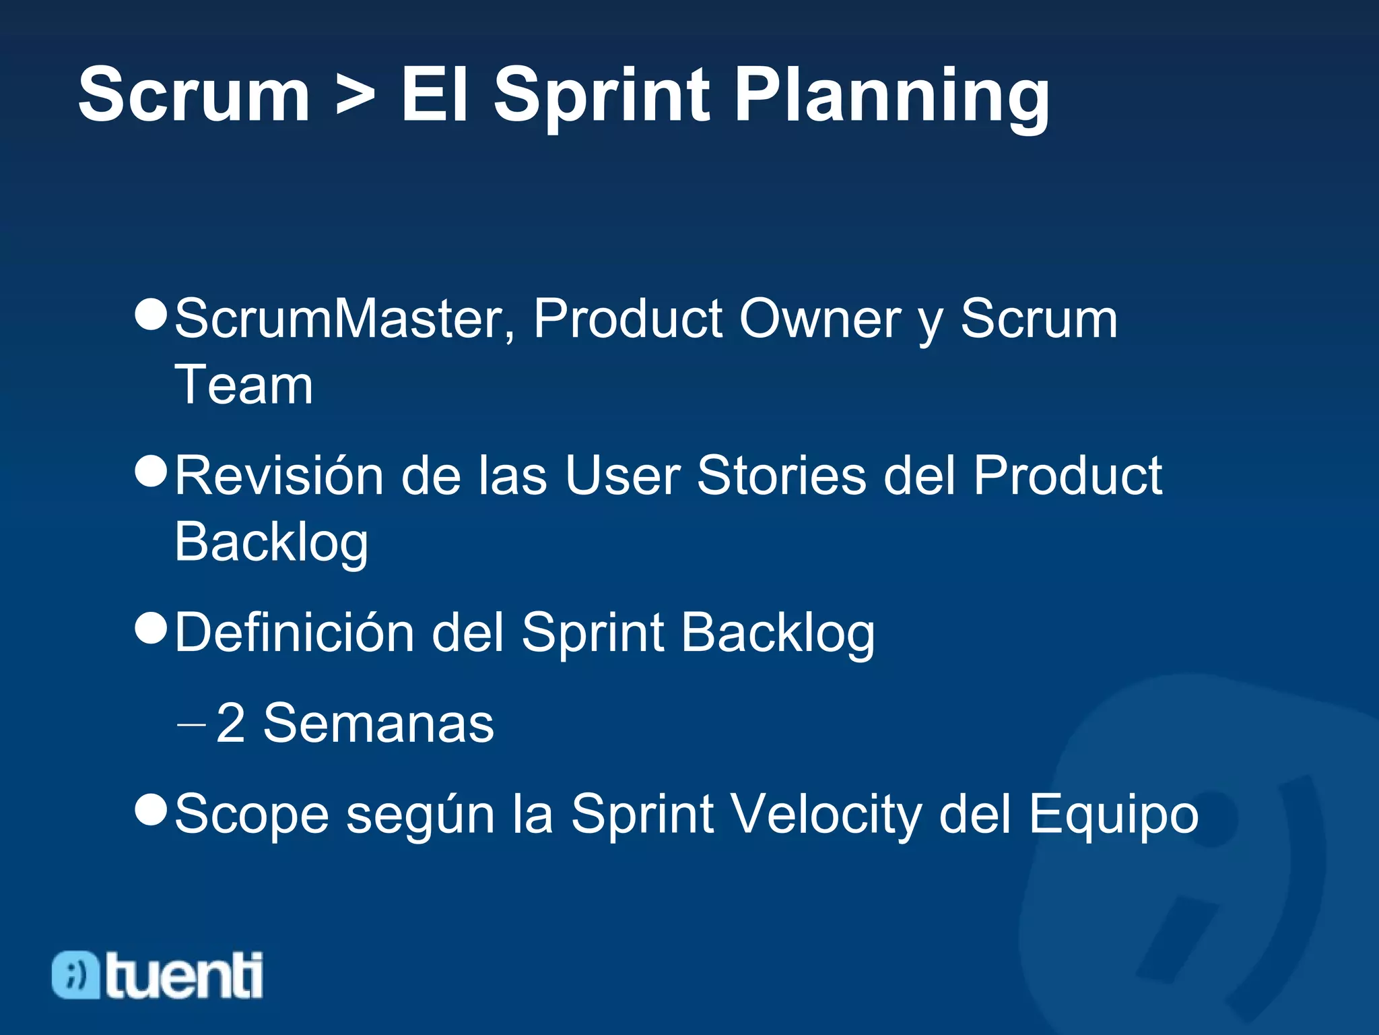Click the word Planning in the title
click(x=892, y=96)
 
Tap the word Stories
click(x=781, y=476)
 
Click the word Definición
click(x=294, y=633)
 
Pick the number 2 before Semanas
click(x=231, y=724)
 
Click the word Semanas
click(x=378, y=724)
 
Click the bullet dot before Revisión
click(x=151, y=470)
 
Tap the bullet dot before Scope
click(x=151, y=809)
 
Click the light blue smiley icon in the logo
click(x=75, y=974)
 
